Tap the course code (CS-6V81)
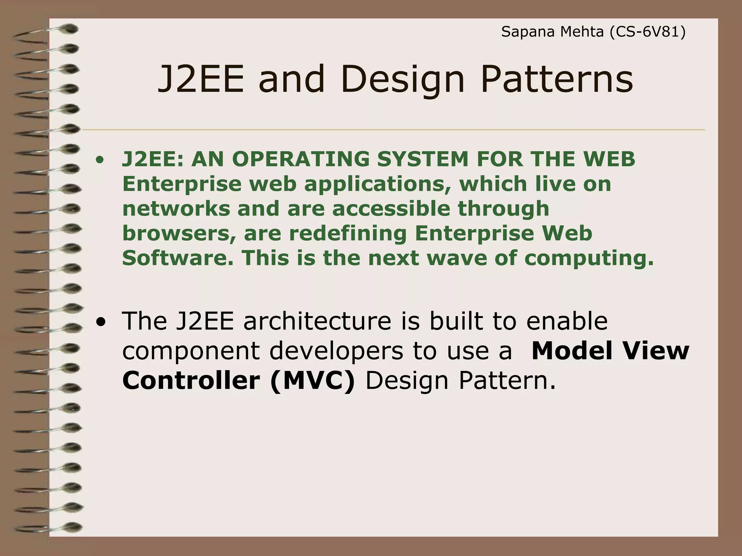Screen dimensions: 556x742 (647, 32)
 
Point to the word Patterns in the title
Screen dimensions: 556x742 (557, 79)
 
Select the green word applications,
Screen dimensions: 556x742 (378, 184)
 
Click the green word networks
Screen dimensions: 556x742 (176, 209)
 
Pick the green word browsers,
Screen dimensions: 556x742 (179, 233)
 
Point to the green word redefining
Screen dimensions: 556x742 (348, 233)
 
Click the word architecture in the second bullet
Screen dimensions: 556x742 (317, 321)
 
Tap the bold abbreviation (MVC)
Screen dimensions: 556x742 (313, 381)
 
